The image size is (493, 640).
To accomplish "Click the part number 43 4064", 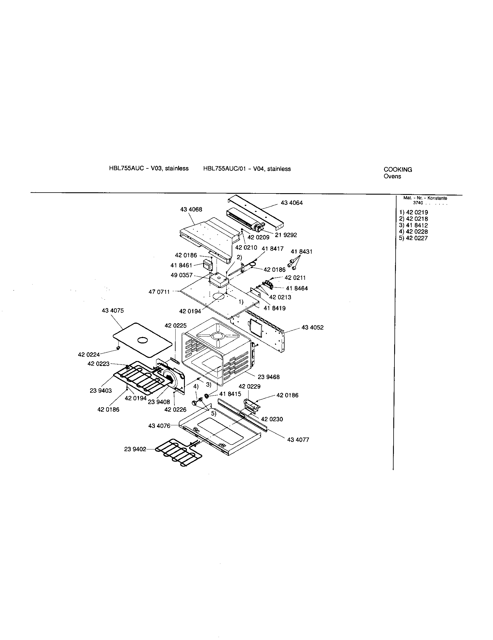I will coord(291,203).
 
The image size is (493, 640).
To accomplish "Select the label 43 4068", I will coord(191,209).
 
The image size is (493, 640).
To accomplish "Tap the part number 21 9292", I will coord(286,235).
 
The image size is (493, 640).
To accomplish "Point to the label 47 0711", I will coord(159,292).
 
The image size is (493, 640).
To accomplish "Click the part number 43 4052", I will coord(312,327).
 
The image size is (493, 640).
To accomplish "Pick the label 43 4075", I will coord(113,311).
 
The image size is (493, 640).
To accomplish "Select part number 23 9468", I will coord(269,377).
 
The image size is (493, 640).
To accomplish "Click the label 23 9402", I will coord(135,449).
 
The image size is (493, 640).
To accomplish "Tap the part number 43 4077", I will coord(298,440).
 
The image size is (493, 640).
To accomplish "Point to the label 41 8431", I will coord(301,251).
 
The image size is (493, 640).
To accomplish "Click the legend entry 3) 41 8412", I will coord(413,225).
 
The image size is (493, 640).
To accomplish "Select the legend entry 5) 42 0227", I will coord(413,238).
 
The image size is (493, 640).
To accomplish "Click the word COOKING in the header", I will coord(398,170).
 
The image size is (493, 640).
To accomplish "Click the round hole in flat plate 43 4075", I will coord(142,339).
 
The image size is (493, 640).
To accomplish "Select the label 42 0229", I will coord(249,386).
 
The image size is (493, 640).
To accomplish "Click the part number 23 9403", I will coord(101,391).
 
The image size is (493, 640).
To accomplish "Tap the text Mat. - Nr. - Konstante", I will coord(425,198).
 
